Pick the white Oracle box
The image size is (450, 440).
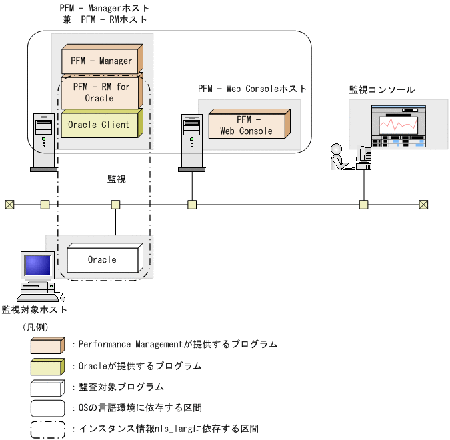click(104, 259)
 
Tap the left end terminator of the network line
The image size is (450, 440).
click(9, 204)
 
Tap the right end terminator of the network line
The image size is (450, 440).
click(423, 204)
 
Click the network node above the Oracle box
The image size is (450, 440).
click(116, 204)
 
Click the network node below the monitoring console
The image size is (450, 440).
click(364, 204)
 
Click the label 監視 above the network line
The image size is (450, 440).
click(117, 179)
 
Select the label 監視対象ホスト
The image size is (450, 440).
click(34, 309)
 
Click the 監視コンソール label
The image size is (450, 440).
click(382, 89)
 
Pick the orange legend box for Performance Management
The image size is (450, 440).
click(48, 345)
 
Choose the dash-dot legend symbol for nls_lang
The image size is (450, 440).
click(48, 428)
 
